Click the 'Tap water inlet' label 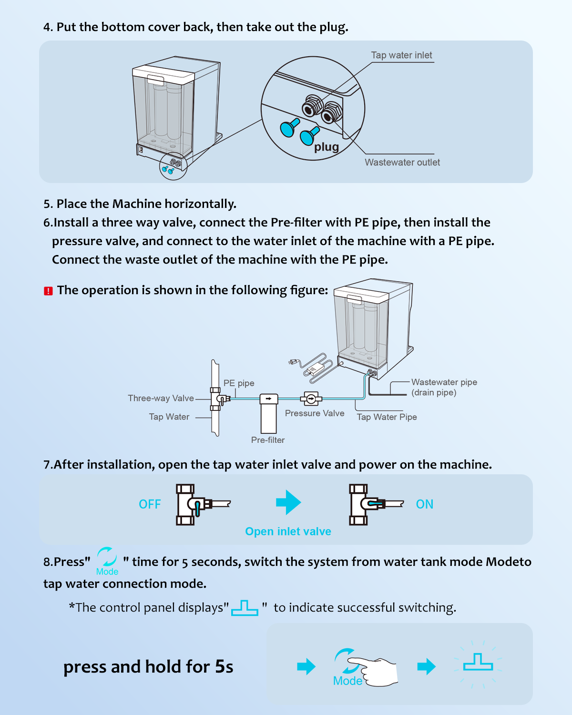tap(401, 55)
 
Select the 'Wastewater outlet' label tap(402, 163)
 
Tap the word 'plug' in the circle tap(327, 147)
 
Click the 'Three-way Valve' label tap(161, 398)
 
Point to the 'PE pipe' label tap(239, 383)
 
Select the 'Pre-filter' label tap(268, 440)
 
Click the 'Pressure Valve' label tap(315, 413)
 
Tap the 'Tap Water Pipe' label tap(387, 417)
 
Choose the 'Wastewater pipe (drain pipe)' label tap(444, 387)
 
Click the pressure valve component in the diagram tap(311, 398)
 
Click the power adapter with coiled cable tap(312, 367)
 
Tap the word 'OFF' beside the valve tap(150, 504)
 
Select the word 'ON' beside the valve tap(424, 504)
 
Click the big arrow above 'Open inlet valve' tap(288, 502)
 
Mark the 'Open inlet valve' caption tap(288, 531)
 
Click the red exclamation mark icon tap(48, 291)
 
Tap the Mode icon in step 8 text tap(107, 561)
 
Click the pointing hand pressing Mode tap(377, 670)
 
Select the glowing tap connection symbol tap(478, 663)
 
